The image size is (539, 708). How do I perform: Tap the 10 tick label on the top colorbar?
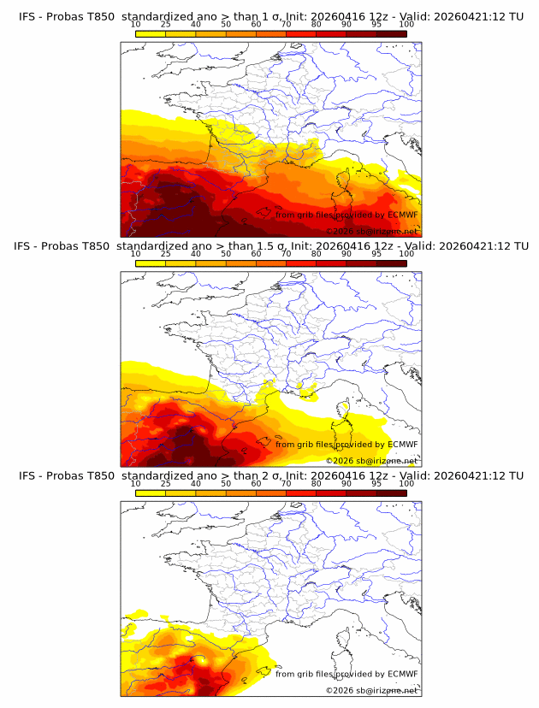coord(135,24)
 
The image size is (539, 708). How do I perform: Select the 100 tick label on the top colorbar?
coord(406,24)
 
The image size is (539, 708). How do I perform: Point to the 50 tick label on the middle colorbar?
coord(226,254)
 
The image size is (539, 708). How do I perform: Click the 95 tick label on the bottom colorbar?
coord(376,483)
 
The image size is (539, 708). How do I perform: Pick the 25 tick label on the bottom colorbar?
coord(165,483)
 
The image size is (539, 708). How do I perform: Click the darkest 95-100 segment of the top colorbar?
coord(391,33)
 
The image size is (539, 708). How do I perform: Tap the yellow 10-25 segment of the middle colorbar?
coord(151,263)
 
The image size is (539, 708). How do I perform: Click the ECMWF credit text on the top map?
coord(346,215)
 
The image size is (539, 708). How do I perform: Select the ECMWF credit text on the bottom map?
coord(346,674)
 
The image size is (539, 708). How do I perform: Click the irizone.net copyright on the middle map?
coord(371,461)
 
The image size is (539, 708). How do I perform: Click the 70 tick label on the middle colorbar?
coord(286,254)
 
